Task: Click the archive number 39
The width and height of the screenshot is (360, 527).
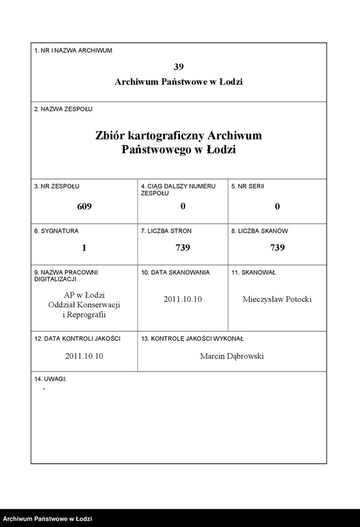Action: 179,67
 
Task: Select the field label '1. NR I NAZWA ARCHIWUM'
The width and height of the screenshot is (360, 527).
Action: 73,50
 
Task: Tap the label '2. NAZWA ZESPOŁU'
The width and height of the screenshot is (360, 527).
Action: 63,109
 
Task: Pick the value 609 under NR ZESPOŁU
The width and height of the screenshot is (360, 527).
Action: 84,206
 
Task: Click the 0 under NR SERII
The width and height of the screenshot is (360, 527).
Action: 277,206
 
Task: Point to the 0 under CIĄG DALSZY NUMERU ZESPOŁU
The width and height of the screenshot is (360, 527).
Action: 183,206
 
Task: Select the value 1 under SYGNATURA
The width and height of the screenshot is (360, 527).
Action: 84,248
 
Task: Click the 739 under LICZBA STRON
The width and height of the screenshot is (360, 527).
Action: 183,248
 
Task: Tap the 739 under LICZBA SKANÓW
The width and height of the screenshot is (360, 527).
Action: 277,248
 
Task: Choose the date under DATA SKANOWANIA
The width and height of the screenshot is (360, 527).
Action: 183,299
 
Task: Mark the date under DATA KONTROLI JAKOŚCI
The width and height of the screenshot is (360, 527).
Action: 84,356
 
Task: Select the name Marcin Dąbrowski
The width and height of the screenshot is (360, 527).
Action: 232,356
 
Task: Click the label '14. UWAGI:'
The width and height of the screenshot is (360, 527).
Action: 50,380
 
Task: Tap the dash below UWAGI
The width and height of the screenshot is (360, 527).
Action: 44,390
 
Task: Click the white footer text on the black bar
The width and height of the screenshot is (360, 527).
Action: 47,519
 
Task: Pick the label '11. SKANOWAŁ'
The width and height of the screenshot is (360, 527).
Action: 253,273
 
